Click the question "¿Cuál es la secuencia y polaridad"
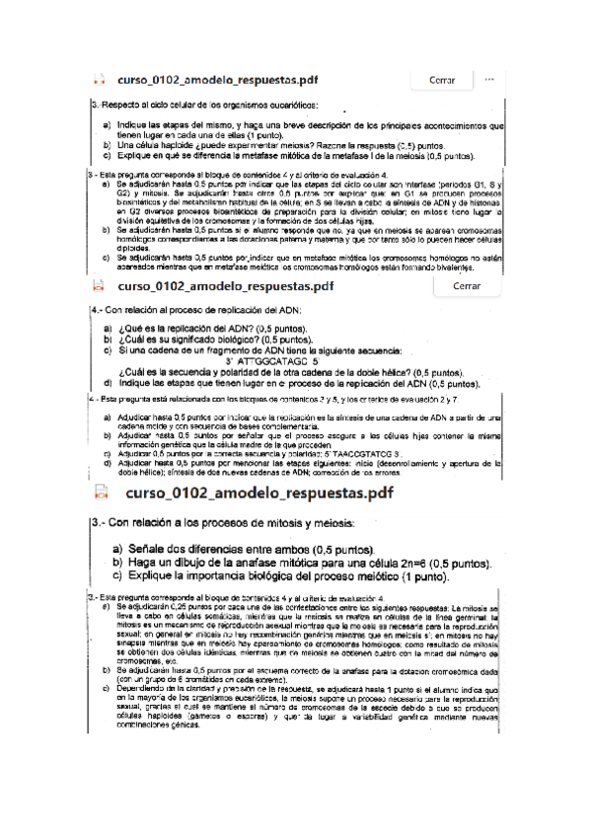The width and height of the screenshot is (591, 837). [x=261, y=372]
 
